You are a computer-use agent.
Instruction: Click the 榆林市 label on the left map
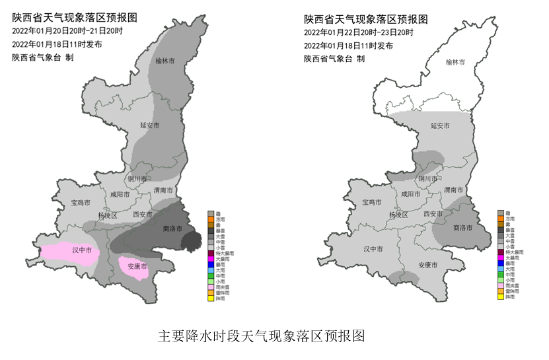coord(165,61)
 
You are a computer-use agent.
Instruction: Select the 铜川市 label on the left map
coord(137,178)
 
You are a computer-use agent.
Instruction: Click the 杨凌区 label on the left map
coord(106,215)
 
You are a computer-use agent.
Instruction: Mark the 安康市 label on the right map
coord(429,265)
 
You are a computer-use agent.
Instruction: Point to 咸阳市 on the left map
coord(120,195)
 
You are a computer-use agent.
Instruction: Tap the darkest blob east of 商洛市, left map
coord(191,240)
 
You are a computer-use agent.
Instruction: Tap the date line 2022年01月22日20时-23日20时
coord(358,32)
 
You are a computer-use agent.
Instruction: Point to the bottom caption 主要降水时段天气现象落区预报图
coord(262,336)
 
